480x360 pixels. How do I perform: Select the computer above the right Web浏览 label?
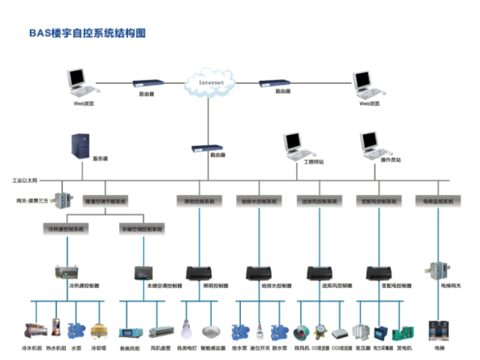(x=366, y=85)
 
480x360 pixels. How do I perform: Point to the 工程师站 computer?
(x=293, y=145)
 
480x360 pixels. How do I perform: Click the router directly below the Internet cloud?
(x=203, y=148)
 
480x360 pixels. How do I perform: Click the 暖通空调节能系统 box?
(x=105, y=201)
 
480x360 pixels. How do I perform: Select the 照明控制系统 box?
(x=199, y=201)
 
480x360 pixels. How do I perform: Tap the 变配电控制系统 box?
(x=377, y=201)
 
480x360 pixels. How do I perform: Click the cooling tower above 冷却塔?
(x=98, y=331)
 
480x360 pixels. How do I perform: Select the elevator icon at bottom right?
(x=437, y=331)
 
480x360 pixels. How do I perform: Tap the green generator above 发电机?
(x=403, y=331)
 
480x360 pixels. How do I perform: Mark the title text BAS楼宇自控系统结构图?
(x=86, y=33)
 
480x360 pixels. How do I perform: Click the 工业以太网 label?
(x=25, y=181)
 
